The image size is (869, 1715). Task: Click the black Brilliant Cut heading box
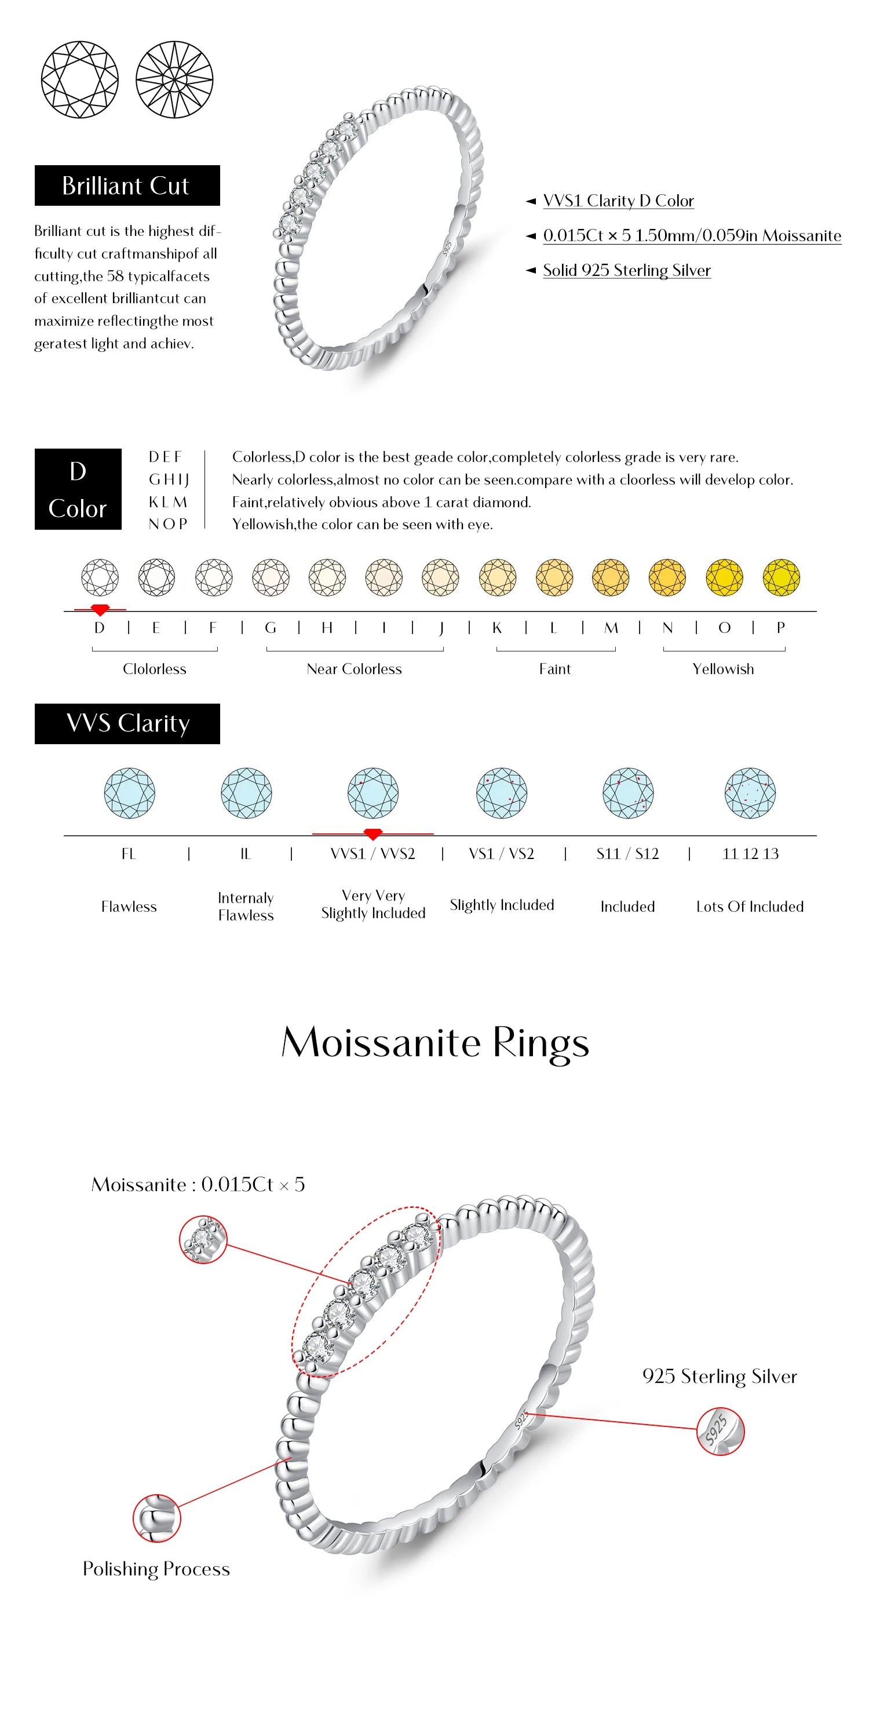tap(127, 185)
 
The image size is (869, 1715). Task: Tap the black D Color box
tap(78, 489)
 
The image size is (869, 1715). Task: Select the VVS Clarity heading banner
tap(127, 724)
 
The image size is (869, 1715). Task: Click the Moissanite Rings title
tap(435, 1043)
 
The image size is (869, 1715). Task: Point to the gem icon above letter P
tap(780, 577)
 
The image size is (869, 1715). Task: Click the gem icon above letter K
tap(497, 577)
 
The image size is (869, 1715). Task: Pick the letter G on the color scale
tap(270, 628)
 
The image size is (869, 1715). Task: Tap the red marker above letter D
tap(100, 609)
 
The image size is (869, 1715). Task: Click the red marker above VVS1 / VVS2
tap(373, 834)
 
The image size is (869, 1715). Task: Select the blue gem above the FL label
tap(129, 793)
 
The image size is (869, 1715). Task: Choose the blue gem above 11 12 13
tap(750, 793)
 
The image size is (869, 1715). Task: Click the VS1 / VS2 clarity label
tap(501, 854)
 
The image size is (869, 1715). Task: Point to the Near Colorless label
tap(354, 669)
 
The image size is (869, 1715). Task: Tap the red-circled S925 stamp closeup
tap(720, 1432)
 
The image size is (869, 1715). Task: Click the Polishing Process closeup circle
tap(156, 1518)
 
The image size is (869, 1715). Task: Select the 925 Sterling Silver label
tap(720, 1376)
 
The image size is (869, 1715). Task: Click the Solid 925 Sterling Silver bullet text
tap(626, 270)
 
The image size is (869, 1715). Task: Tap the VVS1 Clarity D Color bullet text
tap(618, 201)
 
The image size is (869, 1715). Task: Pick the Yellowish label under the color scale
tap(722, 669)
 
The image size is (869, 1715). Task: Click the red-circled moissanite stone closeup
tap(203, 1240)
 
